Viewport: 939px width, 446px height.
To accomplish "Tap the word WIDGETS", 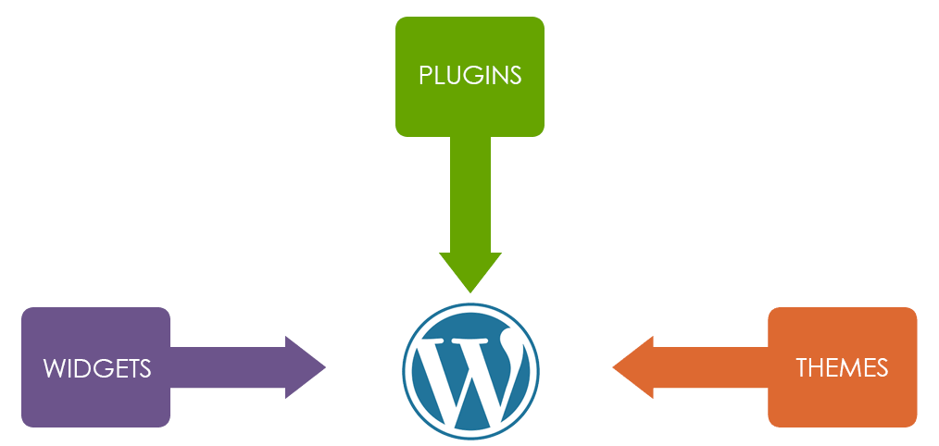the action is pos(96,368).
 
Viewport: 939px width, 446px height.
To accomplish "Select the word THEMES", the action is pos(842,368).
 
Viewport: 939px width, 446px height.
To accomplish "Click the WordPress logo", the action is pos(470,368).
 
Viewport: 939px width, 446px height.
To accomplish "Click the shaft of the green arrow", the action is pos(470,194).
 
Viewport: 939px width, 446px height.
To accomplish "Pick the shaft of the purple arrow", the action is pos(227,368).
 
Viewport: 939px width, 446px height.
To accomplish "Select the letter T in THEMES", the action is pos(802,368).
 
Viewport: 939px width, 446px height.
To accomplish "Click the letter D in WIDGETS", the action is pos(82,368).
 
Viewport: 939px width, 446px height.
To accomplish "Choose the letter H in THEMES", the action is pos(818,368).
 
